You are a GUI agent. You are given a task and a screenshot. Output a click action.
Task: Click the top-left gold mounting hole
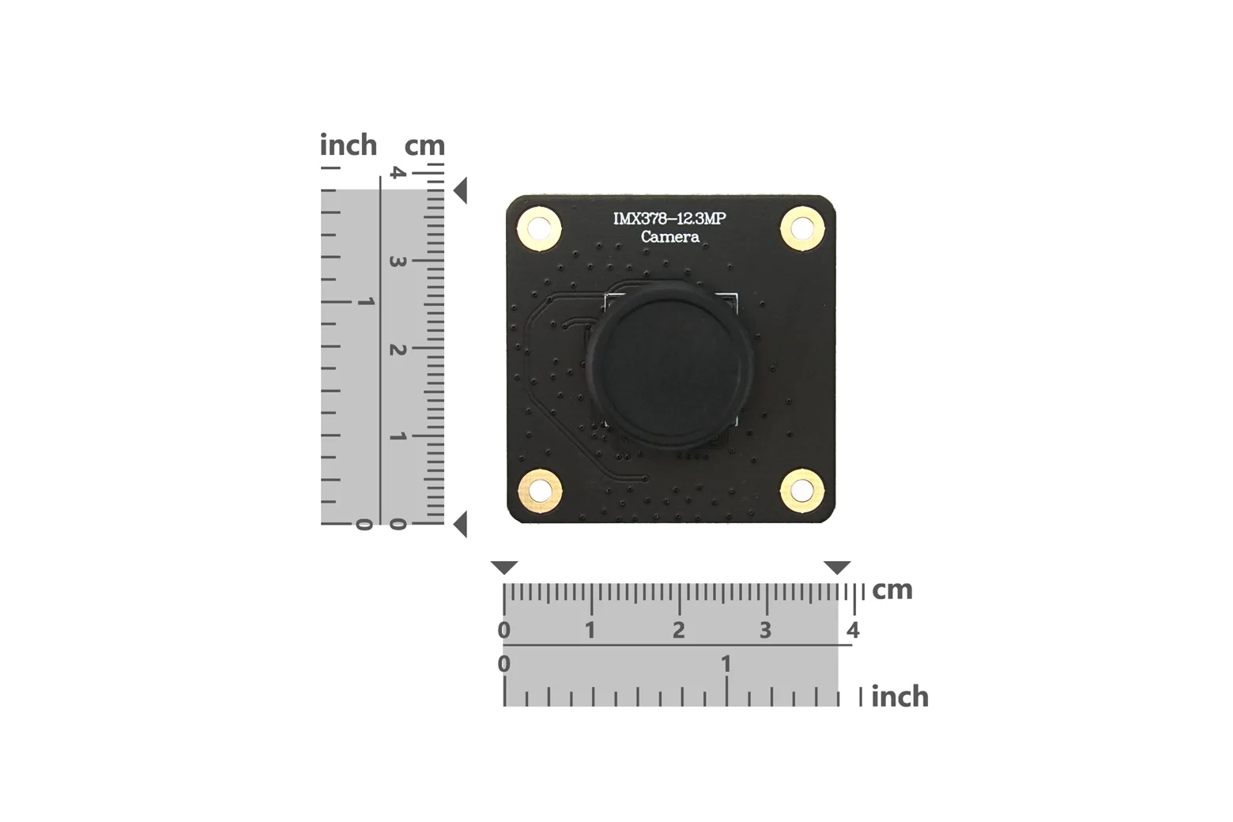click(x=539, y=228)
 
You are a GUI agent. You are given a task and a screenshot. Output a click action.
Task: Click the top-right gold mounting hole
click(x=802, y=228)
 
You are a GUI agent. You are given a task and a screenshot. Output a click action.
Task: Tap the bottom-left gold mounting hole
click(x=539, y=491)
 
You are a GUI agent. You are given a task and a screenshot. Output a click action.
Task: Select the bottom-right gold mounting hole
click(x=802, y=491)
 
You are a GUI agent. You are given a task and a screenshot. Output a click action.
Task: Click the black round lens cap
click(x=669, y=364)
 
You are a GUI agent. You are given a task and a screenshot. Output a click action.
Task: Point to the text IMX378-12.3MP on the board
click(x=669, y=219)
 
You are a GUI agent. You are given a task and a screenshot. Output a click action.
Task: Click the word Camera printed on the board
click(x=670, y=237)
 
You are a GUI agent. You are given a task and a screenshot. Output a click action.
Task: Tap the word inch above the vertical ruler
click(x=349, y=145)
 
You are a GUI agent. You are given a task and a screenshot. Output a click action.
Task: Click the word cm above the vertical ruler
click(x=424, y=146)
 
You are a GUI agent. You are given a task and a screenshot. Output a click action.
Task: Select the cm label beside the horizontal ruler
click(x=892, y=590)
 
